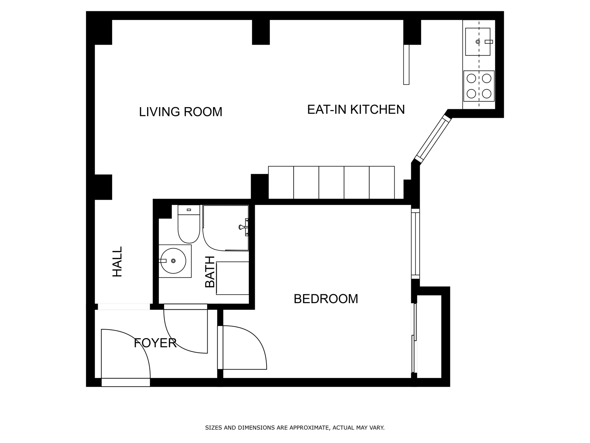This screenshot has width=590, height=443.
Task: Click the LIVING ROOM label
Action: [181, 112]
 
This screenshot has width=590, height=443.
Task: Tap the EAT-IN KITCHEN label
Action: [356, 110]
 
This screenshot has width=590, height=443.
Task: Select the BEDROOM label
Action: [326, 299]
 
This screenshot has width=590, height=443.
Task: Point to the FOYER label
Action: [155, 343]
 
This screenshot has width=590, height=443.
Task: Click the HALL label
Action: [117, 262]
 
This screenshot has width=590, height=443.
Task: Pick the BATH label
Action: [210, 272]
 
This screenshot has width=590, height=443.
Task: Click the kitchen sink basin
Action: [478, 42]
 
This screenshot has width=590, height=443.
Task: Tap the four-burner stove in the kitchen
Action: [479, 86]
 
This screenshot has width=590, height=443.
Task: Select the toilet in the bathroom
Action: [189, 224]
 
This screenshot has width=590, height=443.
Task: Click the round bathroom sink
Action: [173, 261]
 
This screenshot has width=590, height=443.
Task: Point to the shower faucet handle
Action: [244, 227]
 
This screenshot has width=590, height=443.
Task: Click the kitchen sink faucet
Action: [489, 42]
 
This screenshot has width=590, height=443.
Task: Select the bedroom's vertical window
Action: [416, 244]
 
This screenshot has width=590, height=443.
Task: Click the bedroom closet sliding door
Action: [414, 338]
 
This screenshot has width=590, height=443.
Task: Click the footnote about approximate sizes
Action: [295, 427]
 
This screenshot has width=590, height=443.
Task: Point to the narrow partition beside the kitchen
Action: [406, 65]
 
